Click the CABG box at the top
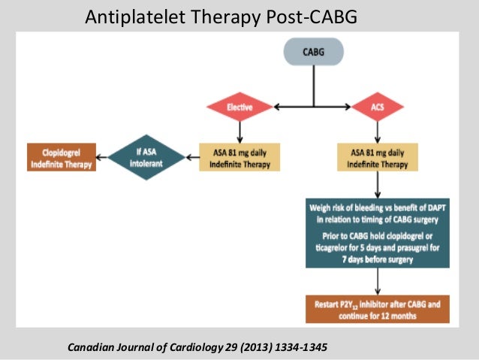[x=313, y=53]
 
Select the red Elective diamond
[x=239, y=107]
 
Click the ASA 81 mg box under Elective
[x=239, y=156]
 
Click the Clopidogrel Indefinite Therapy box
[x=61, y=156]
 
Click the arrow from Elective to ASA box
[x=239, y=131]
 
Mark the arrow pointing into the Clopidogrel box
[x=102, y=156]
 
